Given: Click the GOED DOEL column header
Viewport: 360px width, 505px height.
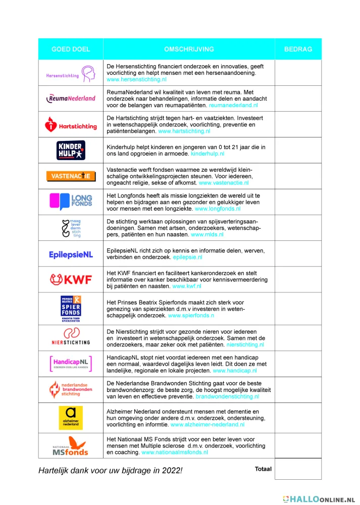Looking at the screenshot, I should point(71,49).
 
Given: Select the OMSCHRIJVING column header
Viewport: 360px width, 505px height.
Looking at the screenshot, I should point(189,49).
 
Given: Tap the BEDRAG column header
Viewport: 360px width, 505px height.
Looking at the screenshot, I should point(298,49).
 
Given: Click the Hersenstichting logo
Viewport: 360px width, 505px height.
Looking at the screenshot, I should point(71,73).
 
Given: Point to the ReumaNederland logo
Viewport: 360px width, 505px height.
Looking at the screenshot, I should point(71,98).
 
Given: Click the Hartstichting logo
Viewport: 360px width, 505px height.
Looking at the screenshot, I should point(71,124).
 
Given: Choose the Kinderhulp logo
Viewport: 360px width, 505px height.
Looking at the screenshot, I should point(71,150).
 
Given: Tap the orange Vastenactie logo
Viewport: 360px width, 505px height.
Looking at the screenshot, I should point(71,176).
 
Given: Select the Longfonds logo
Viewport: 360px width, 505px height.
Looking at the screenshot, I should point(71,201).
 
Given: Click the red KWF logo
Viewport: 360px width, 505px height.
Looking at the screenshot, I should point(71,279).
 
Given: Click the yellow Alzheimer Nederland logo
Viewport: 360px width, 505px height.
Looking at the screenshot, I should point(71,417).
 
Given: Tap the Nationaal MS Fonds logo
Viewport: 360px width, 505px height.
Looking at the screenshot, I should point(71,445).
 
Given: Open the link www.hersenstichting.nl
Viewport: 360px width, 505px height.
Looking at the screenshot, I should point(136,80).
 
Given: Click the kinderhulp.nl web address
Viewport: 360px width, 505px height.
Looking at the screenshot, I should point(207,153).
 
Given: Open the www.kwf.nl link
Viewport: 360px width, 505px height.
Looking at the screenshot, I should point(187,286).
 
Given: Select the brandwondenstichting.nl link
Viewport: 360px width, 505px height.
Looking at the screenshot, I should point(227,397).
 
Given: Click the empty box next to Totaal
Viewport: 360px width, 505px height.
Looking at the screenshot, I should point(298,469).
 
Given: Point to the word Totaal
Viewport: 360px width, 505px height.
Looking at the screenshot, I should point(263,469).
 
